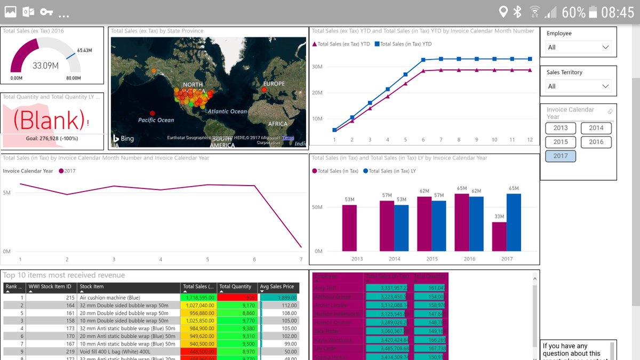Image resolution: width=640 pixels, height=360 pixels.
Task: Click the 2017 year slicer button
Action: pyautogui.click(x=561, y=156)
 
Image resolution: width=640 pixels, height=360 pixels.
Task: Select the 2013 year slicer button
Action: pyautogui.click(x=561, y=128)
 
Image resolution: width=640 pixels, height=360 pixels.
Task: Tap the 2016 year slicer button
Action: pyautogui.click(x=596, y=142)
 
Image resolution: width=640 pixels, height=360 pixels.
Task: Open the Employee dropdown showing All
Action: pyautogui.click(x=579, y=47)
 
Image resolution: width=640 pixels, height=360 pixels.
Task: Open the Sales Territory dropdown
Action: pyautogui.click(x=579, y=86)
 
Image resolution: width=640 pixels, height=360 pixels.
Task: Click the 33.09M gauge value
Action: pyautogui.click(x=45, y=66)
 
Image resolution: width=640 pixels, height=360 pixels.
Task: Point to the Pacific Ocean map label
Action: pyautogui.click(x=156, y=120)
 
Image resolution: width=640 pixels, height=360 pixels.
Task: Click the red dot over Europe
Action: pyautogui.click(x=263, y=90)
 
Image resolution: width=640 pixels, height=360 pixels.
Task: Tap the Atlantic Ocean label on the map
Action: pyautogui.click(x=227, y=111)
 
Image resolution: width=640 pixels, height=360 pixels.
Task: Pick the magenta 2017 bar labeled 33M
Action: pyautogui.click(x=499, y=236)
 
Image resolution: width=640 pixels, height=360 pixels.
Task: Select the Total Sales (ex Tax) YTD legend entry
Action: pyautogui.click(x=341, y=44)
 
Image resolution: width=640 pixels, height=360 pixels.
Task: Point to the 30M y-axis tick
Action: pyautogui.click(x=318, y=67)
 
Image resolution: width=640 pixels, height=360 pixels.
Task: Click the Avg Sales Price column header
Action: pyautogui.click(x=277, y=287)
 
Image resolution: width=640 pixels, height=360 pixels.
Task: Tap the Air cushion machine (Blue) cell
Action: pyautogui.click(x=110, y=298)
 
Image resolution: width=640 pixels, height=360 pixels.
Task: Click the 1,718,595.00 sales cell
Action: pyautogui.click(x=198, y=298)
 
